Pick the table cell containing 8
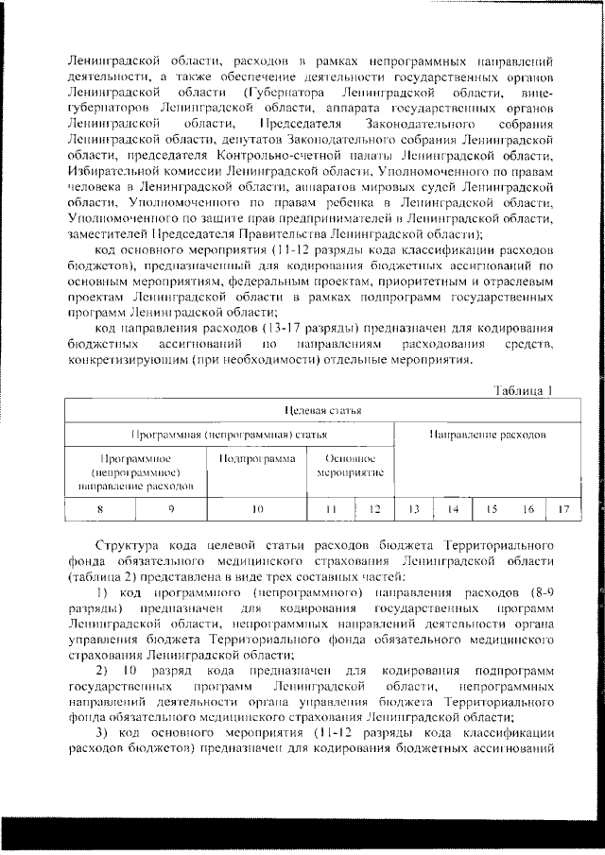tap(100, 509)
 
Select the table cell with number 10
tap(257, 509)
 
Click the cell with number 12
tap(373, 509)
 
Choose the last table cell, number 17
tap(563, 509)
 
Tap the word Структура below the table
tap(128, 546)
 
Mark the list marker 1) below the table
tap(106, 591)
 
